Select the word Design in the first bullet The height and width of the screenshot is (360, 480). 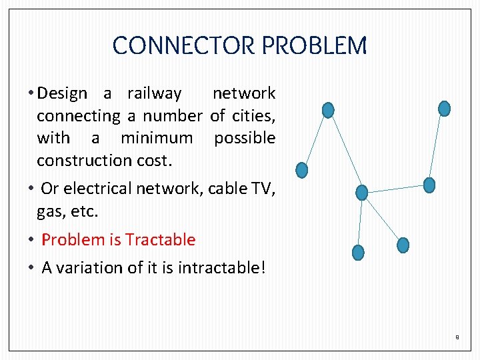(x=62, y=93)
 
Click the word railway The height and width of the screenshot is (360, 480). (x=154, y=93)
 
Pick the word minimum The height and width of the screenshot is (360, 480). (x=156, y=138)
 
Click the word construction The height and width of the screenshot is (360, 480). (x=83, y=160)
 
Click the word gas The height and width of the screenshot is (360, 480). (x=48, y=211)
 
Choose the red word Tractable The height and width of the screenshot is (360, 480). (x=160, y=239)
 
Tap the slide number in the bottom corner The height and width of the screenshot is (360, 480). (x=457, y=337)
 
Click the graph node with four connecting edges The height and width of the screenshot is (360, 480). (x=361, y=193)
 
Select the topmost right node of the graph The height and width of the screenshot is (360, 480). (x=444, y=108)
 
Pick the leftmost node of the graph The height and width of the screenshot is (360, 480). (x=301, y=171)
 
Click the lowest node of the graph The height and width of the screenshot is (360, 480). (x=358, y=253)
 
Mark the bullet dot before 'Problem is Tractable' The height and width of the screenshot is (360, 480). (x=31, y=240)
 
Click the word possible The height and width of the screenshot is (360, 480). (x=244, y=138)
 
